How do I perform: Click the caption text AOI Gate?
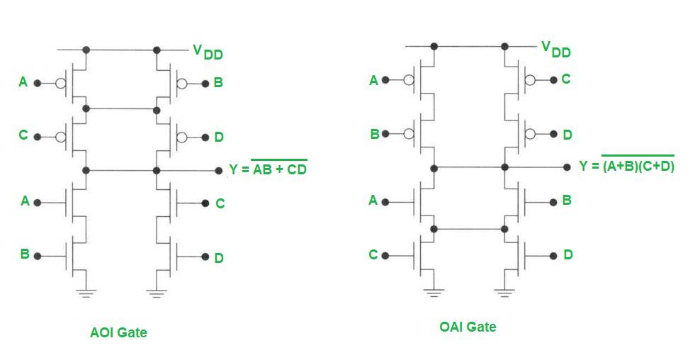pos(118,332)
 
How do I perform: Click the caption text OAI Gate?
pos(468,327)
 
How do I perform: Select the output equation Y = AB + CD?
pos(268,169)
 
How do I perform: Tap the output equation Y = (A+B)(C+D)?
pos(626,166)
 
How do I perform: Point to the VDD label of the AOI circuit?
pos(208,52)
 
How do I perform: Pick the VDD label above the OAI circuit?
pos(555,49)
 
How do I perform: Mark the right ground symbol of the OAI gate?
pos(504,290)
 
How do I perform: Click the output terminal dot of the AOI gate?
pos(219,171)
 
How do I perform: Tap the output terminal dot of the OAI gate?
pos(567,167)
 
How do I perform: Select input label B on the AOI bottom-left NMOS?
pos(24,254)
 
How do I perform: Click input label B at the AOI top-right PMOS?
pos(218,83)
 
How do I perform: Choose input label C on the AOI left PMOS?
pos(23,135)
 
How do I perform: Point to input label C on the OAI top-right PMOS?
pos(565,79)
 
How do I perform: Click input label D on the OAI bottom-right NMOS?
pos(568,254)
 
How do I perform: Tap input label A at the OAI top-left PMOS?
pos(373,81)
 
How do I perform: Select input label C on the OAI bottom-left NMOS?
pos(373,254)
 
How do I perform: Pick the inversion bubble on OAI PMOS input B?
pos(409,134)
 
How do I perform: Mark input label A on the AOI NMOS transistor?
pos(25,201)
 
